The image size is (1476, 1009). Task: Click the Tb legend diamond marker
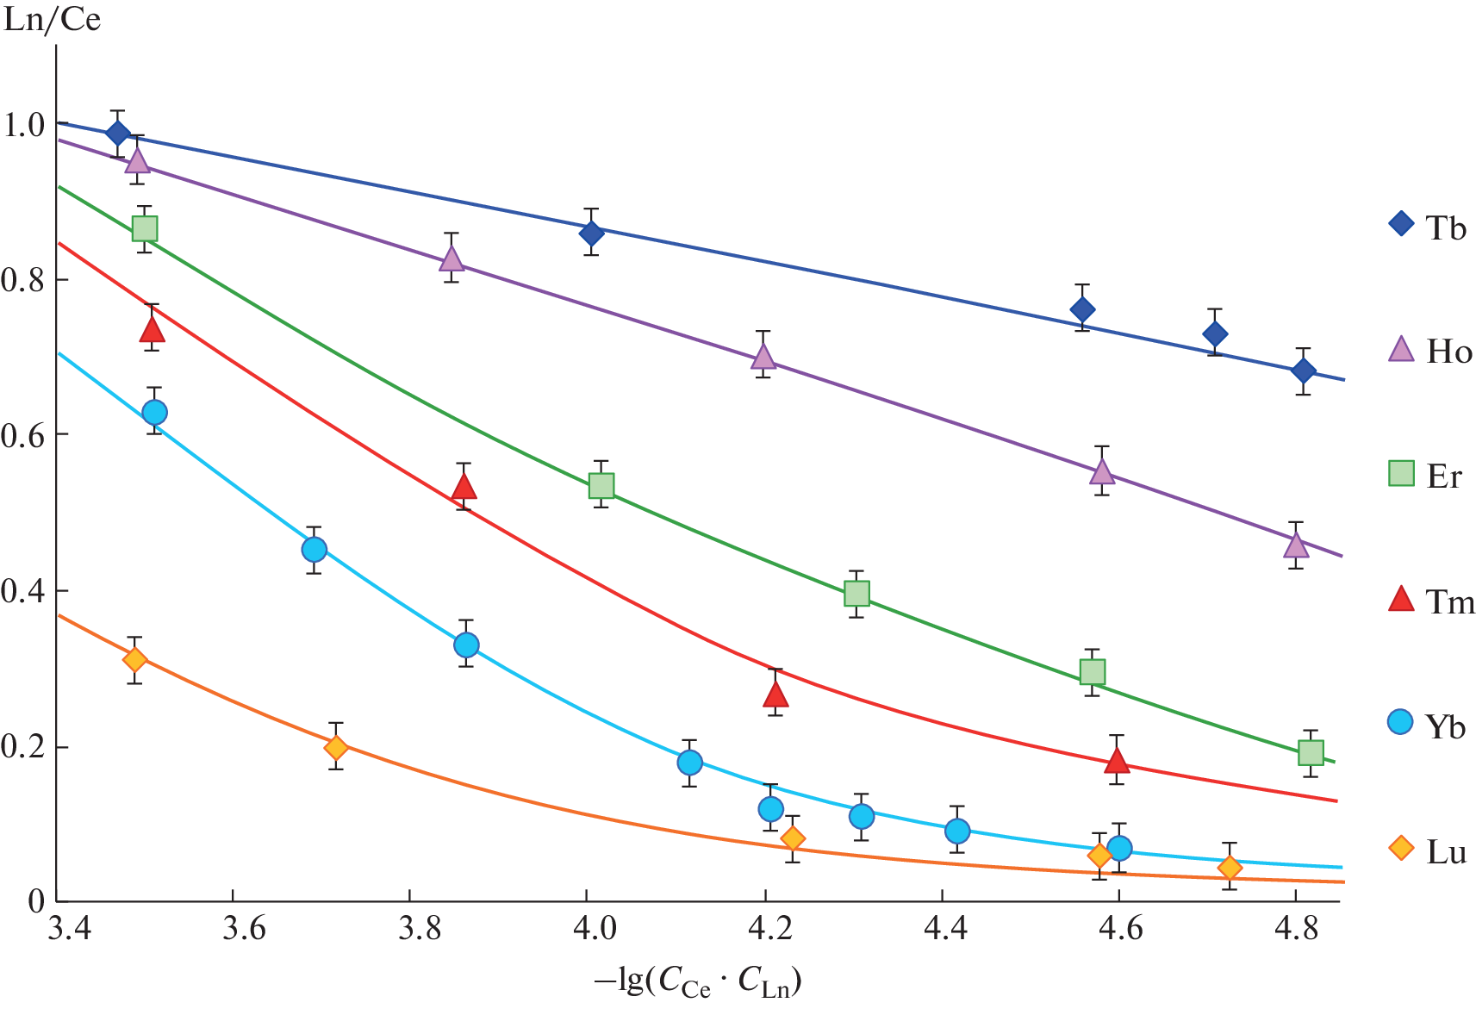(1401, 224)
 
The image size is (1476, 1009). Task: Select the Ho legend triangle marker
(1401, 349)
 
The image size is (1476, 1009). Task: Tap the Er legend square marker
(1401, 473)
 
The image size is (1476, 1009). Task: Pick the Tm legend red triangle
(1401, 599)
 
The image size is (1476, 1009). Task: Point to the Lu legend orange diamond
(1401, 849)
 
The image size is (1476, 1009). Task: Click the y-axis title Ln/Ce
(52, 19)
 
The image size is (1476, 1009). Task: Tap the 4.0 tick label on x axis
(595, 929)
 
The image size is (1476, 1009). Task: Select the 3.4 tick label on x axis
(70, 929)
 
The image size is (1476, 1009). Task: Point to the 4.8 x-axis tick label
(1299, 929)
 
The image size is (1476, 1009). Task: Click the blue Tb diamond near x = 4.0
(591, 233)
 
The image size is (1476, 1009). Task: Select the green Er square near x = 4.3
(856, 594)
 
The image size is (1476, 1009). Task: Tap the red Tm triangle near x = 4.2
(775, 694)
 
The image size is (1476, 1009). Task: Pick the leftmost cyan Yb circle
(154, 413)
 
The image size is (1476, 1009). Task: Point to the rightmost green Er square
(1311, 753)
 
